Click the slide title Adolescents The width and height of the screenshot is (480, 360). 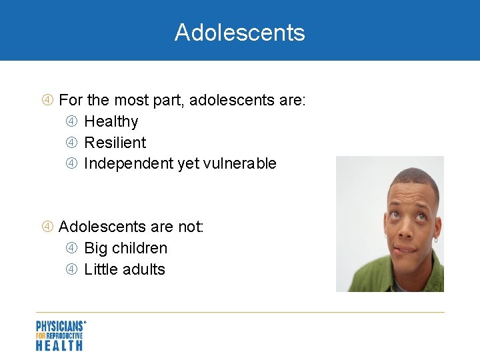point(239,32)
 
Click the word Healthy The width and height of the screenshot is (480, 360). point(111,121)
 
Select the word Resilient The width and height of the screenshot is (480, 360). point(115,143)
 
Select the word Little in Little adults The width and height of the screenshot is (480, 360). point(99,269)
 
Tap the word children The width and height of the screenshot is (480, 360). point(140,248)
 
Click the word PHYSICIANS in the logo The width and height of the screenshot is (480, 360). point(60,326)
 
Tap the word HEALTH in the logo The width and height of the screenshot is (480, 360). point(59,345)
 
